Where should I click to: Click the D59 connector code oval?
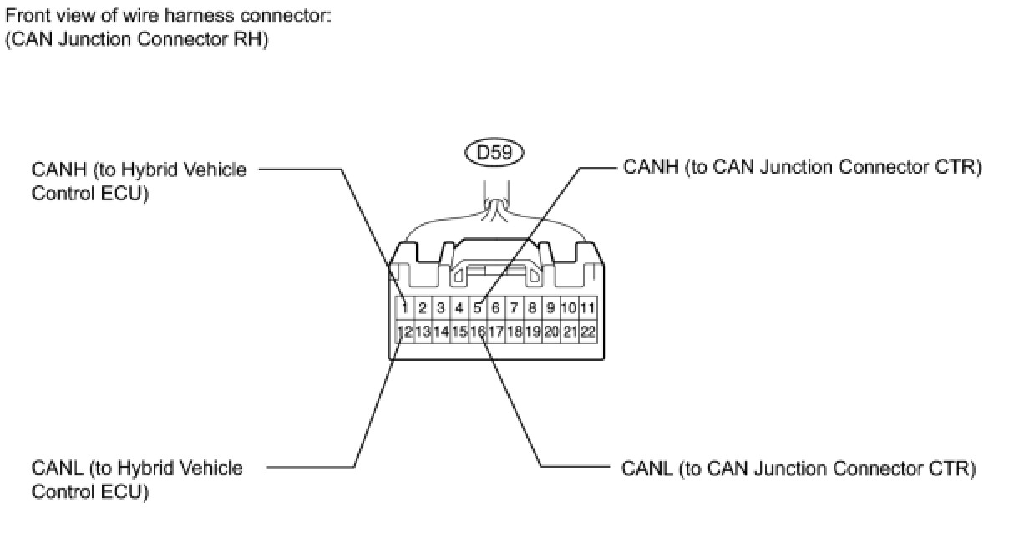tap(494, 153)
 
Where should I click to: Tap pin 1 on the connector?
tap(404, 308)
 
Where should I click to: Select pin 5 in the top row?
tap(478, 308)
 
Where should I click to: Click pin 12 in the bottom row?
tap(404, 332)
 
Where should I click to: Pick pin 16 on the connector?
tap(478, 332)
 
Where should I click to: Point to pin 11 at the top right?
tap(588, 308)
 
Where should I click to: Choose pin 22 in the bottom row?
tap(588, 332)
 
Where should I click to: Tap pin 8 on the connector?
tap(532, 308)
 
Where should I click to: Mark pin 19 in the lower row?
tap(532, 332)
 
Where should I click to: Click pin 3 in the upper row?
tap(441, 308)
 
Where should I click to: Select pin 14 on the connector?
tap(441, 332)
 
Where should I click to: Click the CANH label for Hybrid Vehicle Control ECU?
tap(139, 181)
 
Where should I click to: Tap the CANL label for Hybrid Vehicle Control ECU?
tap(137, 480)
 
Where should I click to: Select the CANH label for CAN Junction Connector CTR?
tap(802, 168)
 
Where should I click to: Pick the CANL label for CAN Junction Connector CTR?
tap(799, 469)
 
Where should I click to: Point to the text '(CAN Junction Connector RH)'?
tap(136, 39)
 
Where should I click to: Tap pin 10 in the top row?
tap(569, 308)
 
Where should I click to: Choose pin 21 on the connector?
tap(569, 332)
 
